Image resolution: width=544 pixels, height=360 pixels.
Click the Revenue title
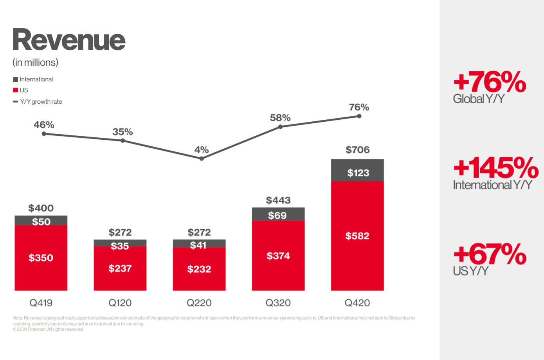[x=69, y=40]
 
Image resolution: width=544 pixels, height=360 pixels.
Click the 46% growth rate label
[x=44, y=125]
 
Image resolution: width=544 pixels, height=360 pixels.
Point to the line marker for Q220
[x=202, y=158]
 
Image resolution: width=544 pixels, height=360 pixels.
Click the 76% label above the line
[x=359, y=107]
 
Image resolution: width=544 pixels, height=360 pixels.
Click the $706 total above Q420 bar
[x=357, y=150]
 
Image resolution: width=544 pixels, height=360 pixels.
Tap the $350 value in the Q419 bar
[x=41, y=258]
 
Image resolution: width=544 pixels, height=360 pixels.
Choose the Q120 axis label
[x=120, y=303]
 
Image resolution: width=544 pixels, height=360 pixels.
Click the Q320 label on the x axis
[x=278, y=303]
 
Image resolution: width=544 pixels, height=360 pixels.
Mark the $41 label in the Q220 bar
[x=198, y=245]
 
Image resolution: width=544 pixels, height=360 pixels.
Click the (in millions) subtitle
[x=35, y=63]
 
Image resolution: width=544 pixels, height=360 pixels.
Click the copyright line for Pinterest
[x=48, y=329]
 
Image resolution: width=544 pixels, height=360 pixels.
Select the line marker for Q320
[x=280, y=126]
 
